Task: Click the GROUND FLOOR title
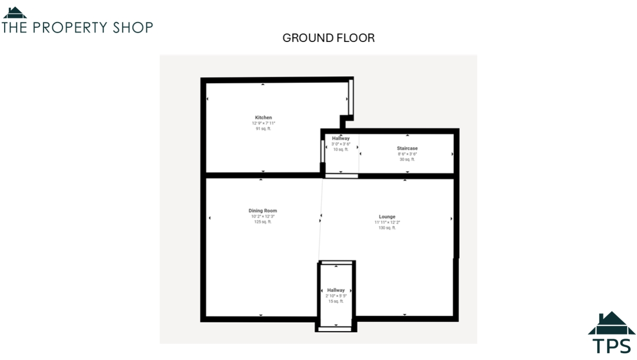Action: point(328,38)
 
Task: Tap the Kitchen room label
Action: point(263,117)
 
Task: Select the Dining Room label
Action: point(263,211)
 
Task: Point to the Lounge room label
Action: point(387,217)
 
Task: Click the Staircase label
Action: point(407,149)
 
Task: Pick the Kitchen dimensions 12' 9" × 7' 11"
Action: point(263,123)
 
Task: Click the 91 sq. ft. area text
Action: point(263,129)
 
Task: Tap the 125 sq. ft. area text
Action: point(263,222)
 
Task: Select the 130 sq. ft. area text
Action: point(387,228)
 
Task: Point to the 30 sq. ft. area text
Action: point(407,160)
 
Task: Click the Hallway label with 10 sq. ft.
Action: point(341,138)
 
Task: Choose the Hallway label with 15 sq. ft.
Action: point(336,290)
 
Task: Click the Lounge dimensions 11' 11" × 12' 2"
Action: point(387,222)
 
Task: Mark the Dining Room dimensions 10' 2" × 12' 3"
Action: point(263,216)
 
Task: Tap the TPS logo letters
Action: point(611,346)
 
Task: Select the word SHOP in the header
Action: point(133,27)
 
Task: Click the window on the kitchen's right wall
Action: point(351,97)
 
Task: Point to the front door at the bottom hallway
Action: point(336,329)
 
